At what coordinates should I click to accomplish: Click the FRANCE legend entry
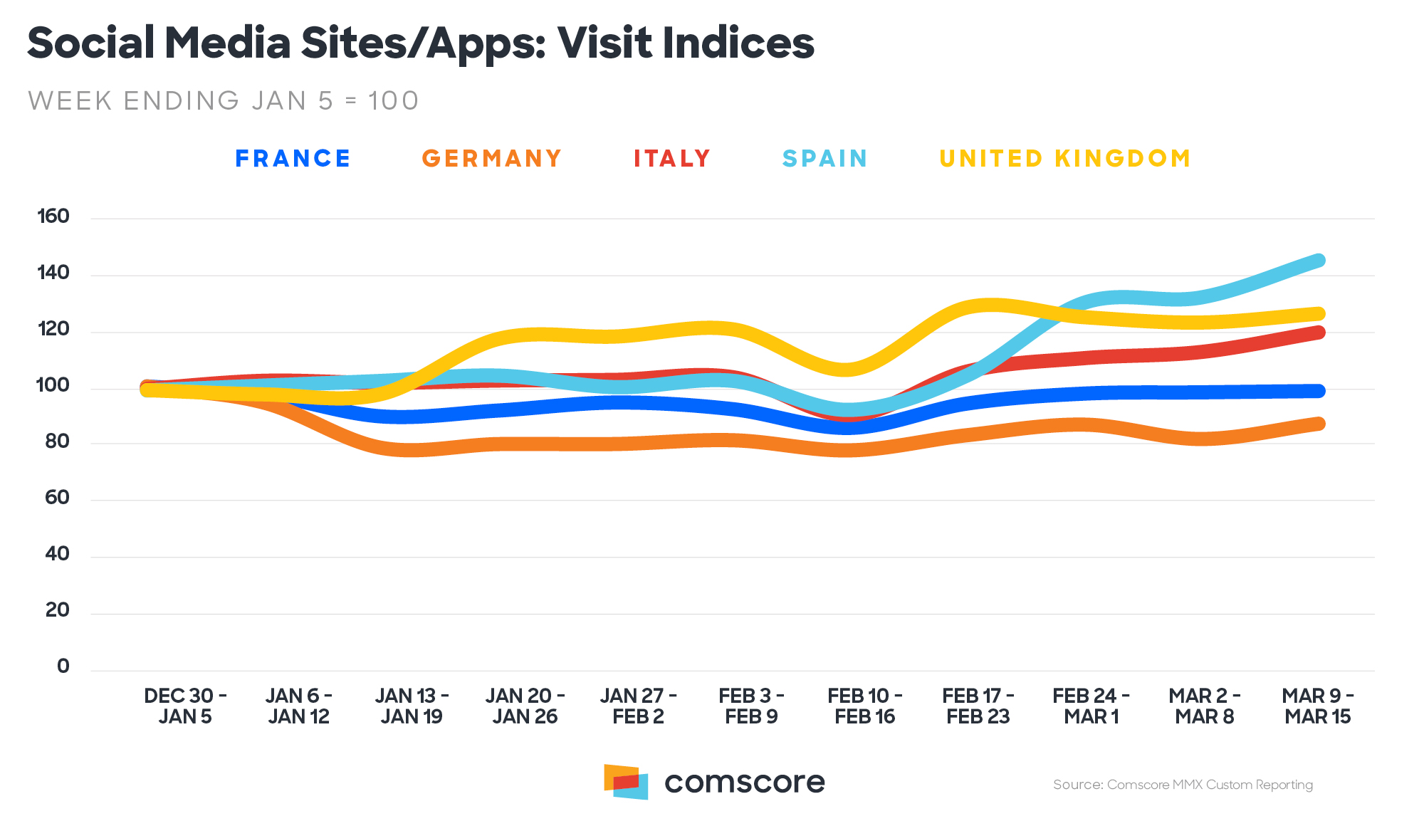pyautogui.click(x=293, y=158)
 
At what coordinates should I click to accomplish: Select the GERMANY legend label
pyautogui.click(x=492, y=158)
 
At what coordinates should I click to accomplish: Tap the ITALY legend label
pyautogui.click(x=672, y=158)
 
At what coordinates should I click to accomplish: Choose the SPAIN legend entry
pyautogui.click(x=824, y=158)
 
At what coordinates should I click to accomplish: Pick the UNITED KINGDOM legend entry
pyautogui.click(x=1065, y=158)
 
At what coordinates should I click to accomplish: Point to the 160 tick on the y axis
pyautogui.click(x=53, y=216)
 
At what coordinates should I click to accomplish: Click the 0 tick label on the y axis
pyautogui.click(x=63, y=666)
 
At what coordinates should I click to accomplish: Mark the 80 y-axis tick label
pyautogui.click(x=57, y=441)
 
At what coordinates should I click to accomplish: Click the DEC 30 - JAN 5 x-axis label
pyautogui.click(x=185, y=706)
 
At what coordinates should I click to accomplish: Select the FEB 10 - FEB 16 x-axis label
pyautogui.click(x=864, y=706)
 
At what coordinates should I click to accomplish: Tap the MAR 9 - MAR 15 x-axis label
pyautogui.click(x=1317, y=706)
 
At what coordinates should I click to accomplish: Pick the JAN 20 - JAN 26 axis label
pyautogui.click(x=525, y=706)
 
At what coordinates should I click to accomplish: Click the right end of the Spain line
pyautogui.click(x=1319, y=261)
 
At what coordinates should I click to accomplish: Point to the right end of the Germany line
pyautogui.click(x=1319, y=424)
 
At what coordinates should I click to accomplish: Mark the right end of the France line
pyautogui.click(x=1319, y=391)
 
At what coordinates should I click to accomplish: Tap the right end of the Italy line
pyautogui.click(x=1319, y=333)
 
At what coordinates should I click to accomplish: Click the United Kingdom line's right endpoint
pyautogui.click(x=1319, y=314)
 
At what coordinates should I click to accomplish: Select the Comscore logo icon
pyautogui.click(x=626, y=782)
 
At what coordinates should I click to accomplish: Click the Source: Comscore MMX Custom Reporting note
pyautogui.click(x=1183, y=785)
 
